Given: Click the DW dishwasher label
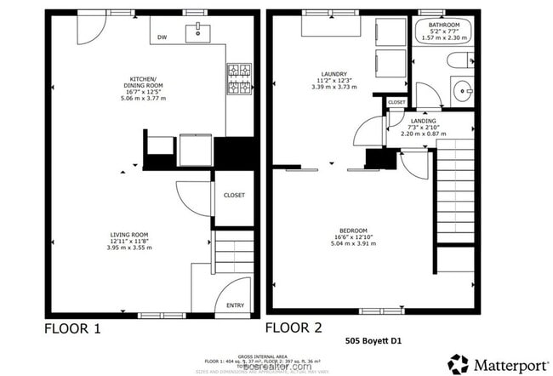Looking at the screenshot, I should (x=162, y=37).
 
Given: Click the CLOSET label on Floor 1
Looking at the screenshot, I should (x=234, y=195).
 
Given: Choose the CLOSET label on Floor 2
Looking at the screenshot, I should (x=397, y=103).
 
